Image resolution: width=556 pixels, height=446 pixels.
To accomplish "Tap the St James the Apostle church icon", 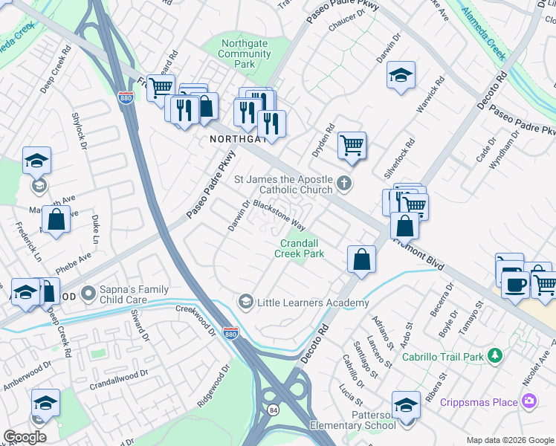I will tap(343, 182).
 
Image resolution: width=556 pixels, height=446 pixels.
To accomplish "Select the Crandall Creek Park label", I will tap(302, 248).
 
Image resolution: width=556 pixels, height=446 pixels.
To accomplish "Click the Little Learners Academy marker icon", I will tap(245, 302).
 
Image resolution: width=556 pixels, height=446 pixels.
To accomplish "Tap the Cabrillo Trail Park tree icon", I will tap(494, 356).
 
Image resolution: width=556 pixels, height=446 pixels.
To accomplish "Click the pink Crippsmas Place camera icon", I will tap(529, 402).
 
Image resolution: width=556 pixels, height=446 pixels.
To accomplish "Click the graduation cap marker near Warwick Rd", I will tap(401, 75).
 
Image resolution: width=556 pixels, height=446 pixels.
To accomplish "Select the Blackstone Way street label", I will tap(279, 213).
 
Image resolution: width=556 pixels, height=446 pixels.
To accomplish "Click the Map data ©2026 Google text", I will tap(509, 440).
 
